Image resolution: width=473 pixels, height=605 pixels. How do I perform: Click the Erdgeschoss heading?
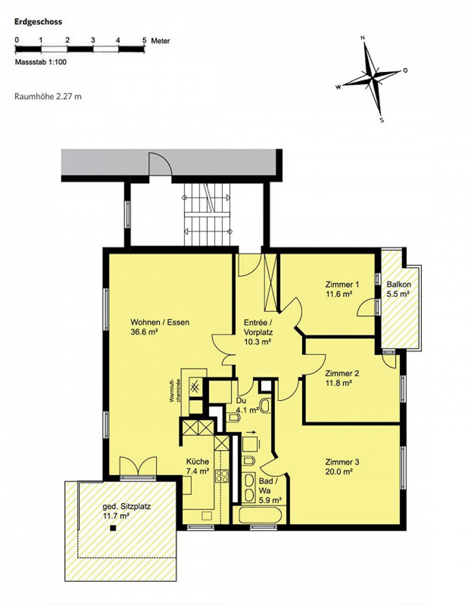[38, 22]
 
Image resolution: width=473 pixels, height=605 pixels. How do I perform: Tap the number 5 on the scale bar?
[144, 40]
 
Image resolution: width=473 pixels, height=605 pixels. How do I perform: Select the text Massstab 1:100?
[40, 62]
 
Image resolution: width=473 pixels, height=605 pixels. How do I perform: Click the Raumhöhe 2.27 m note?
[48, 97]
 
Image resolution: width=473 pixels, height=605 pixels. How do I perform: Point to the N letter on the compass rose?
[363, 38]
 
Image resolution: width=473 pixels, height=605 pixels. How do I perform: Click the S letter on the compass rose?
[382, 120]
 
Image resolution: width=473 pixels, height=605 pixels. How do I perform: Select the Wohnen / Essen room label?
[160, 322]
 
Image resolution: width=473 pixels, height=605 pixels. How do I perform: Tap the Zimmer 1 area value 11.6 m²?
[339, 294]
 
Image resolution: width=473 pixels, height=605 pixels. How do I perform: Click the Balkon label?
[398, 284]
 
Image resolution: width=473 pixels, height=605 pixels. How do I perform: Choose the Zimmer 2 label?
[342, 373]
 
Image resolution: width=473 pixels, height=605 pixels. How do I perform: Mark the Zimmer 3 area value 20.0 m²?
[339, 471]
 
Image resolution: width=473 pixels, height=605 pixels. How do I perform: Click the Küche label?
[197, 462]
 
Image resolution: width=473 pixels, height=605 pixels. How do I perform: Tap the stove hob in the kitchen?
[222, 476]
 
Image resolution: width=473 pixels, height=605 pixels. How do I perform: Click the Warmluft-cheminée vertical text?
[175, 391]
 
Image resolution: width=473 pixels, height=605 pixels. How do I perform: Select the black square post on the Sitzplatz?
[113, 528]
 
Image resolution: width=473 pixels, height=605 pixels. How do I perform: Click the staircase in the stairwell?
[207, 214]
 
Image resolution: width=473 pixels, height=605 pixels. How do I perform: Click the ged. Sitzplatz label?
[126, 506]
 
